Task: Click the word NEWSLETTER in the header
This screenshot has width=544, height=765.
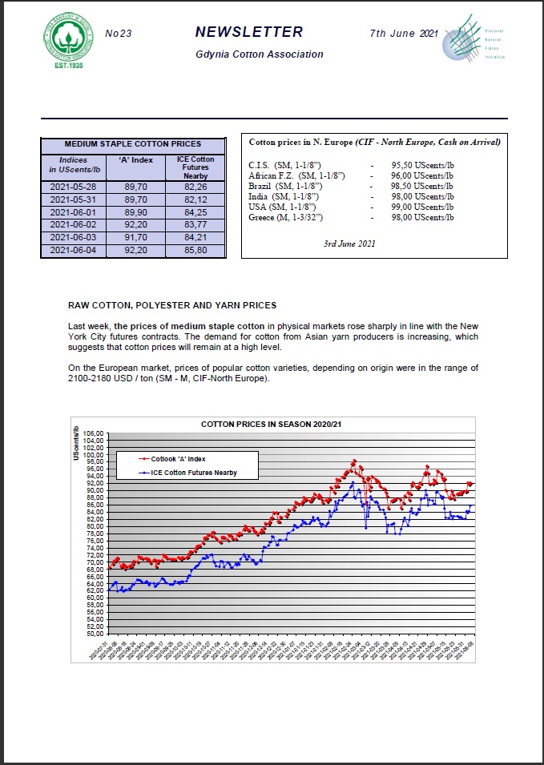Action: (249, 33)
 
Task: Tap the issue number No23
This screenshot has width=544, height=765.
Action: (119, 34)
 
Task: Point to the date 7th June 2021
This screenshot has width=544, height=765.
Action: (404, 34)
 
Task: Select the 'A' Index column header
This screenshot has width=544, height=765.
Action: (135, 159)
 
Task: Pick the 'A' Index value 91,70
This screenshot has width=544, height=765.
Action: (135, 238)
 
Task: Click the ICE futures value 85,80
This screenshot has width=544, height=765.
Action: (195, 251)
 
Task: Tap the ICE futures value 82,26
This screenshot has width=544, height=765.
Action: (195, 186)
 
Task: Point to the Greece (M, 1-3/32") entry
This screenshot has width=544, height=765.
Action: (284, 217)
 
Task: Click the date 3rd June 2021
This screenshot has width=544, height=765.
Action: (349, 243)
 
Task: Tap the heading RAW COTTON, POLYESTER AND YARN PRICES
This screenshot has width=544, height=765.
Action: (172, 305)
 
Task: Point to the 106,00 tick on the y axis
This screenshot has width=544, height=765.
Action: (94, 433)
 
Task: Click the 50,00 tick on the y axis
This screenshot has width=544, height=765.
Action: (94, 633)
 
